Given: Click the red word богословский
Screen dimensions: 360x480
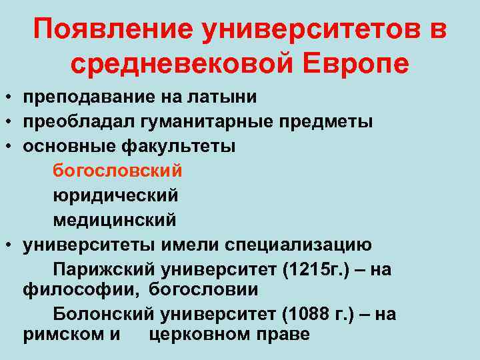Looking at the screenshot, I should pos(117,171).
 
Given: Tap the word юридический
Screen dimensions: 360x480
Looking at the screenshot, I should pos(115,195).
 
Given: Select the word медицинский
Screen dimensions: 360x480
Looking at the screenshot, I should pos(115,219).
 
